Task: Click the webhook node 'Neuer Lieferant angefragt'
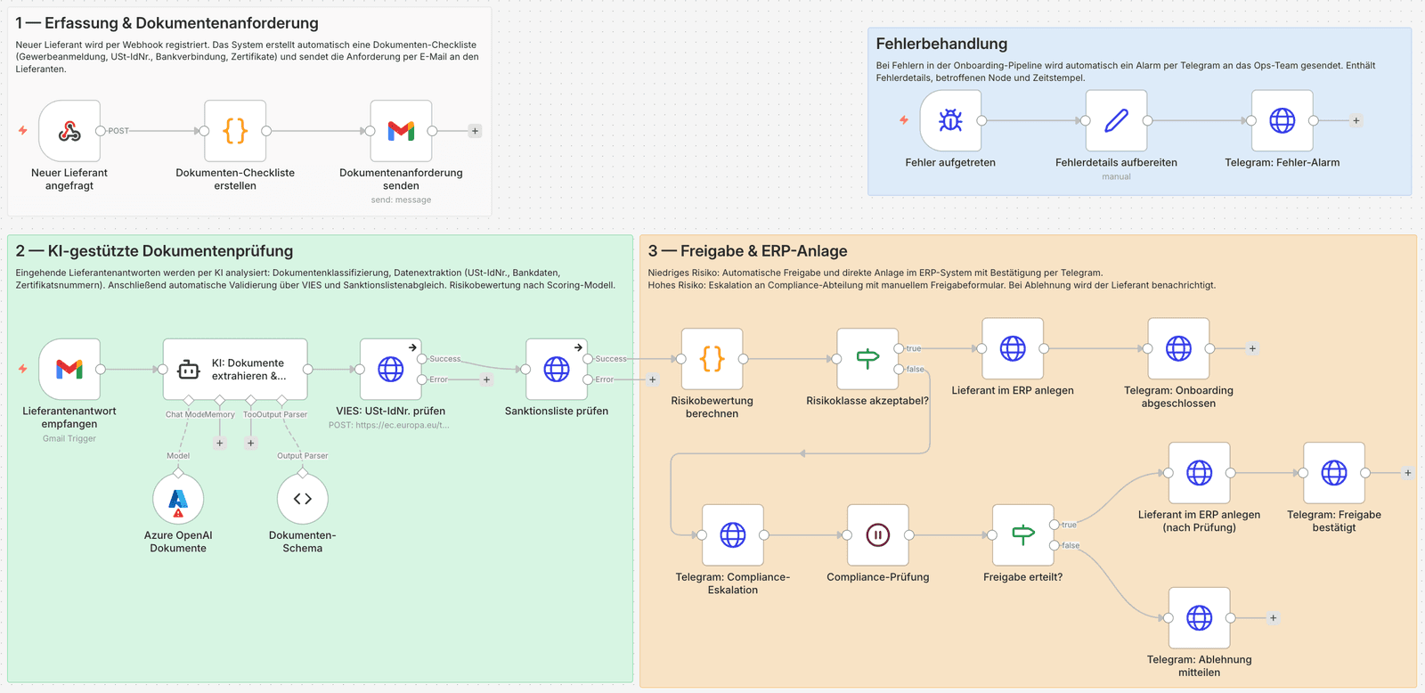pos(69,131)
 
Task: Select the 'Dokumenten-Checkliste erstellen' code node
pos(235,131)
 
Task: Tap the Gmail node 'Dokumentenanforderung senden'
pos(401,131)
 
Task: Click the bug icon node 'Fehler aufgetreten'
pos(950,120)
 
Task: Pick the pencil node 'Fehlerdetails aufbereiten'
pos(1116,120)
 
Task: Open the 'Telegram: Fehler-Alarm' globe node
pos(1282,120)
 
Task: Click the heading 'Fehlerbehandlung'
pos(941,44)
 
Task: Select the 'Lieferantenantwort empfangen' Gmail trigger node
pos(69,369)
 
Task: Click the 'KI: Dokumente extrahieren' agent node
pos(235,369)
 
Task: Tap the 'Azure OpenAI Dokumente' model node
pos(178,499)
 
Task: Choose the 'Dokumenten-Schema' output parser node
pos(303,499)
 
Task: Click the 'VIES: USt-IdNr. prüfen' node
pos(390,369)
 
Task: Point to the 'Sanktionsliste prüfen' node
pos(556,369)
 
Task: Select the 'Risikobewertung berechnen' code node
pos(712,359)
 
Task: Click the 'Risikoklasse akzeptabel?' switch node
pos(867,359)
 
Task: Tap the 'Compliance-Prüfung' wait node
pos(877,535)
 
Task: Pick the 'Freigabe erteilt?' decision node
pos(1022,535)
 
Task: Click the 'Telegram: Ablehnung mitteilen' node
pos(1199,618)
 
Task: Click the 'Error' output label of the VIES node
pos(439,379)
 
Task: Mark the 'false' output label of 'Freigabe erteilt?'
pos(1071,545)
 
